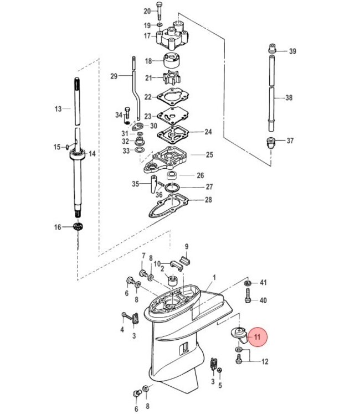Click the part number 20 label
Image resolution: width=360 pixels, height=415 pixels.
click(x=147, y=11)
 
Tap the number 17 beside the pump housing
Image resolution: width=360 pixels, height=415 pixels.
click(x=147, y=36)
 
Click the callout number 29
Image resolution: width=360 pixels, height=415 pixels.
click(x=114, y=76)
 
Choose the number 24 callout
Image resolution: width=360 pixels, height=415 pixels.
click(x=208, y=132)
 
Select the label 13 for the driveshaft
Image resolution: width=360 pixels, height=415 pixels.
click(x=59, y=109)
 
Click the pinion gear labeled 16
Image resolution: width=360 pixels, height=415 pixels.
click(x=78, y=227)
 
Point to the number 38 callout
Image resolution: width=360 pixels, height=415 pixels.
click(x=289, y=98)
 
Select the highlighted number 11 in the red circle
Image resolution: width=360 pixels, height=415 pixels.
click(x=257, y=336)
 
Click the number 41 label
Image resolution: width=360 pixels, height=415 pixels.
click(x=264, y=283)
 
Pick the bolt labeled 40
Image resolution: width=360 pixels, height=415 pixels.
click(x=248, y=299)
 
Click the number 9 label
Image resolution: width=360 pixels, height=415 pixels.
click(x=187, y=246)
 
